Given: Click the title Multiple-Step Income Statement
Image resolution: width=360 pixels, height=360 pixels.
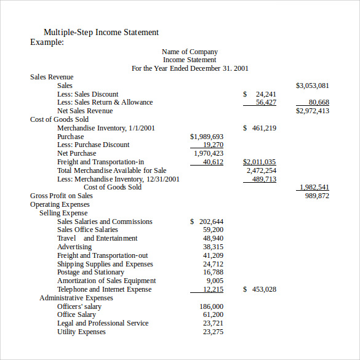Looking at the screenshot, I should click(101, 32).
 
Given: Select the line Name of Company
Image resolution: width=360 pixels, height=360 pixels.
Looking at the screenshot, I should click(190, 52).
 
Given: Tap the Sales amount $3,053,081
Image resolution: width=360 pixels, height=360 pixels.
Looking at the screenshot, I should click(313, 86).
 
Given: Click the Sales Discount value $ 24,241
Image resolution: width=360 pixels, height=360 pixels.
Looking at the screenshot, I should click(260, 94).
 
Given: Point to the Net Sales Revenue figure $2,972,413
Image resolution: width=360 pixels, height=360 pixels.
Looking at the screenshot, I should click(313, 111).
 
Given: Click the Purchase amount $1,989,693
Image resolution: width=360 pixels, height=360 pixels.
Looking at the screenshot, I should click(207, 137).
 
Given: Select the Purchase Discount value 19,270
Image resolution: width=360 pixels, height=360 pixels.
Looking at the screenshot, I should click(213, 145).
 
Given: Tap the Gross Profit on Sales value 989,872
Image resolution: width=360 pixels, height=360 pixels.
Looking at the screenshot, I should click(317, 196).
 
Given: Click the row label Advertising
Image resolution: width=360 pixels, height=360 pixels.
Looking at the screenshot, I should click(74, 247).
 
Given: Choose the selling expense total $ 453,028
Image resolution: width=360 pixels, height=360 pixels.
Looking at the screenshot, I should click(260, 289).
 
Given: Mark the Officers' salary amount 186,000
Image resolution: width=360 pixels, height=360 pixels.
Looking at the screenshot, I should click(211, 306).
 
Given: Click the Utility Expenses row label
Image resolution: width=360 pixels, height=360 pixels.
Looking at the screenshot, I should click(81, 332).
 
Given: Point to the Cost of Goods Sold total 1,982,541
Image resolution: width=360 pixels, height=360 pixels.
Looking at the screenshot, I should click(314, 187).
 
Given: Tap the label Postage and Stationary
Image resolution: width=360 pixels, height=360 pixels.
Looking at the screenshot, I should click(90, 272).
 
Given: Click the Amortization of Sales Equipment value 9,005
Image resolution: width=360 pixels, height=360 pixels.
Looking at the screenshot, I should click(215, 281).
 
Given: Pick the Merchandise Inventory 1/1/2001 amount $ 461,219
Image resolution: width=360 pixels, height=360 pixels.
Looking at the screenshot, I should click(260, 128).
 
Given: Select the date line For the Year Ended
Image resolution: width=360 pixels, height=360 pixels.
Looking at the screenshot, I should click(190, 68).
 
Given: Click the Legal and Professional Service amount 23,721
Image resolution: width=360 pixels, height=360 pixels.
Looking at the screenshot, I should click(213, 323).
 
